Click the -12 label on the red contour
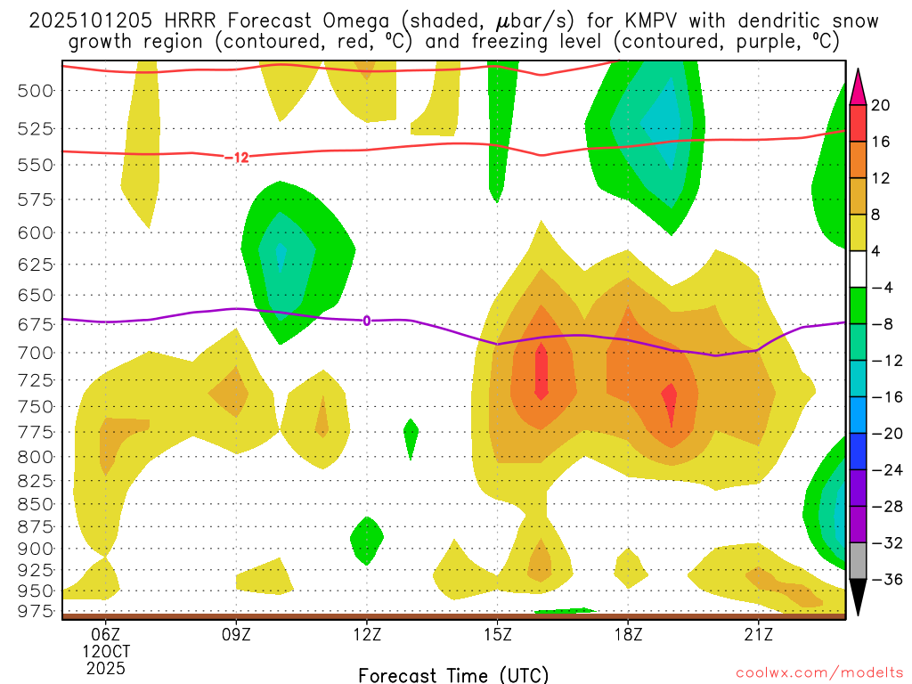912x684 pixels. coord(236,158)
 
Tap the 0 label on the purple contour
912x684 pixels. coord(366,321)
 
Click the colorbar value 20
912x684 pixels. coord(881,105)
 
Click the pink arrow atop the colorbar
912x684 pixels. coord(859,85)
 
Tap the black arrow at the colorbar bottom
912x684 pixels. coord(859,598)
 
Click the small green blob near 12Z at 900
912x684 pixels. coord(366,537)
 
